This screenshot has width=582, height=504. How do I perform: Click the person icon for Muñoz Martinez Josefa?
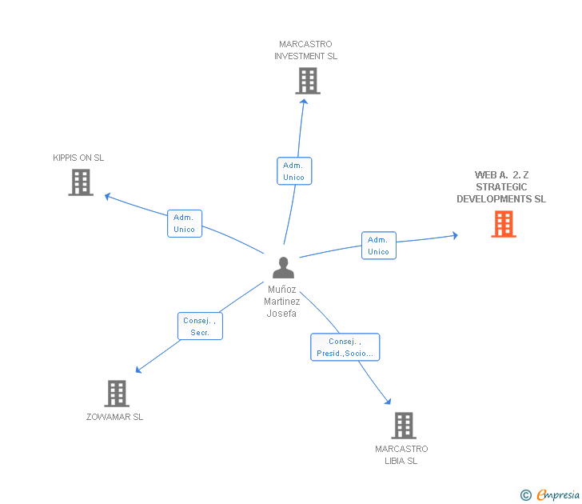(x=283, y=267)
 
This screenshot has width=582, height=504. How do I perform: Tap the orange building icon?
(x=503, y=224)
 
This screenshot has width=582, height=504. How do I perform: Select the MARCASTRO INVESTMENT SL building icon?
(x=307, y=81)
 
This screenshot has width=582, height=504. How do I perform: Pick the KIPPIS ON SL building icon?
(x=81, y=182)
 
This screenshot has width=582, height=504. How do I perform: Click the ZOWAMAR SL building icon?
(x=117, y=393)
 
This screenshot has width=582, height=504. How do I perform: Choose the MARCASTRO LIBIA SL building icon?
(x=404, y=425)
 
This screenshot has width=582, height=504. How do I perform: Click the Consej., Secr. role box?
(x=200, y=326)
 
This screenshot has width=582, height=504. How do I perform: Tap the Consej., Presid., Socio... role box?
(x=345, y=347)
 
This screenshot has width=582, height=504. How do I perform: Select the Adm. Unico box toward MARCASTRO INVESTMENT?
(x=293, y=171)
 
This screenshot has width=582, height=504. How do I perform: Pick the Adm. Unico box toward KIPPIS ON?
(x=184, y=223)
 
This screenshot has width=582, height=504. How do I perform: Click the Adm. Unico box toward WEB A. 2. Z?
(x=378, y=246)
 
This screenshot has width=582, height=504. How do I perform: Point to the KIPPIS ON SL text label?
(x=78, y=158)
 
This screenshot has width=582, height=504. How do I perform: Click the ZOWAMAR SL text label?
(x=115, y=417)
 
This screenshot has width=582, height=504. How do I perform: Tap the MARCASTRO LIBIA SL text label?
(x=401, y=454)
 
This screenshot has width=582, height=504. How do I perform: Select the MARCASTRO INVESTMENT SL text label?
(x=305, y=50)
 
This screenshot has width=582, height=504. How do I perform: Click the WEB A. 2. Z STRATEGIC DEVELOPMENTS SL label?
(x=501, y=186)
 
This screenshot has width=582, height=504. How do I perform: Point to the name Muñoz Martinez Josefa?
(x=282, y=302)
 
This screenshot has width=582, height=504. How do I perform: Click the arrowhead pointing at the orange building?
(x=455, y=235)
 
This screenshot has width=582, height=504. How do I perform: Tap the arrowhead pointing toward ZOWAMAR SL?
(x=138, y=370)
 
